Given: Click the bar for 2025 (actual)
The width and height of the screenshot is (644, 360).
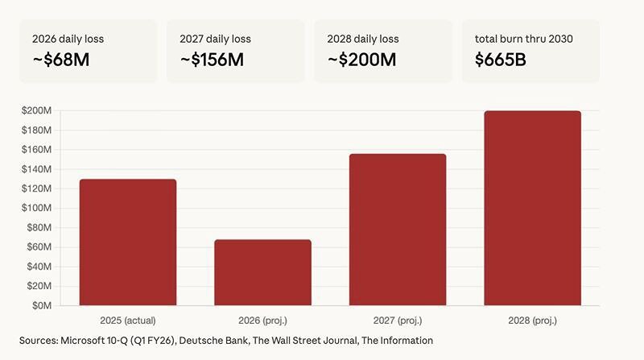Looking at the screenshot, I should [x=128, y=242].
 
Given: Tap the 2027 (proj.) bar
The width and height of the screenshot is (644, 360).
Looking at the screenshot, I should [x=398, y=230].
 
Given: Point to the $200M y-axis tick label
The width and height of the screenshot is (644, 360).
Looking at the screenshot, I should [x=36, y=110].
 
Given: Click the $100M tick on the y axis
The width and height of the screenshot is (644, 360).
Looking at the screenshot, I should [x=36, y=208].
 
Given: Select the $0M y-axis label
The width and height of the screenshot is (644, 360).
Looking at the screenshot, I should [x=41, y=305].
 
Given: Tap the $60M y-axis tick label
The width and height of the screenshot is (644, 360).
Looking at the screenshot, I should [x=39, y=246].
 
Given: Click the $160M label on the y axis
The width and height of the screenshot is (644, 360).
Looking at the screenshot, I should [x=36, y=149].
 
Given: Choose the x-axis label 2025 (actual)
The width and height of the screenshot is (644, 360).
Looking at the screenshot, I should [x=128, y=320].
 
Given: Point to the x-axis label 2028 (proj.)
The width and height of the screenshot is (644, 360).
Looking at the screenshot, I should [x=532, y=320].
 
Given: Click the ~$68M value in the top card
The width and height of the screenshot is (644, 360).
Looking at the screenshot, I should [x=60, y=59].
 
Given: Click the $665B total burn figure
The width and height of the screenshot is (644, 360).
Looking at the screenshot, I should [x=501, y=59].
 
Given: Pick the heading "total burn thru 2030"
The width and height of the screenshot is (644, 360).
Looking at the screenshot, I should [x=524, y=39].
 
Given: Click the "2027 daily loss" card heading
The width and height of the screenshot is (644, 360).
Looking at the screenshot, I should [x=215, y=39].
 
